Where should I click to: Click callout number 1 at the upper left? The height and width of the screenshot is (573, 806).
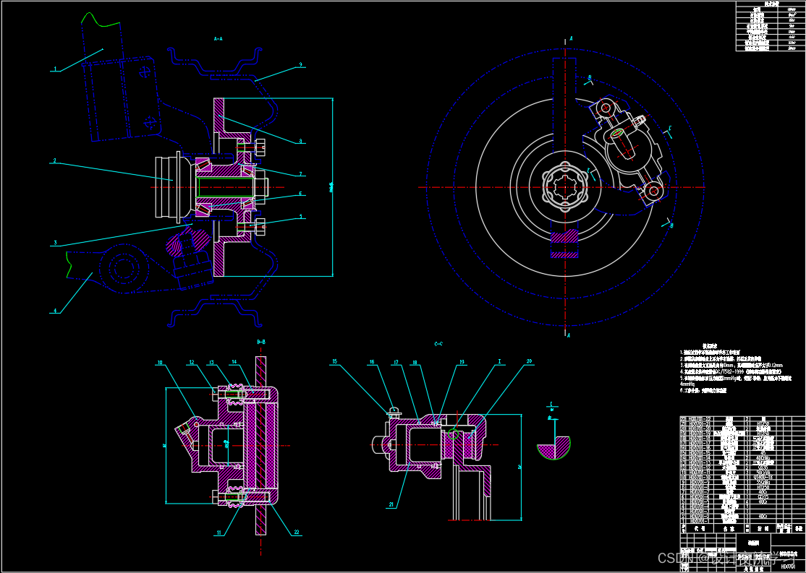[x=54, y=70]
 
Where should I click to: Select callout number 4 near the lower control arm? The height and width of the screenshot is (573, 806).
[x=54, y=311]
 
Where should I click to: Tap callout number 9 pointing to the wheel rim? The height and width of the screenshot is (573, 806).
[x=300, y=65]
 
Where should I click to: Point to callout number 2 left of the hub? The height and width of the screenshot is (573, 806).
[x=54, y=161]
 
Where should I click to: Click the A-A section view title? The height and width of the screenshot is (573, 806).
[x=219, y=38]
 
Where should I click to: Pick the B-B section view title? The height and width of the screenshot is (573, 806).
[x=261, y=341]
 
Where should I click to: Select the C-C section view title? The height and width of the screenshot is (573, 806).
[x=438, y=344]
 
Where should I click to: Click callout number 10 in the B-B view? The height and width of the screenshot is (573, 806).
[x=161, y=362]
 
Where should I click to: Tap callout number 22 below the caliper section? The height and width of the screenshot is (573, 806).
[x=297, y=533]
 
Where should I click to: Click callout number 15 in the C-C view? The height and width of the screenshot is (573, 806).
[x=334, y=361]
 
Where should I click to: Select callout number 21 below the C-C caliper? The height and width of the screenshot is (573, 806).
[x=391, y=505]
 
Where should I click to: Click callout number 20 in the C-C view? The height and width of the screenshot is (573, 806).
[x=529, y=361]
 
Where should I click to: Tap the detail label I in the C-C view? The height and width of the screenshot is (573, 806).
[x=500, y=361]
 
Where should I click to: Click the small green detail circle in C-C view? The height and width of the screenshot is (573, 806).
[x=454, y=434]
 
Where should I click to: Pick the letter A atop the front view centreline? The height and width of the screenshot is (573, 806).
[x=571, y=38]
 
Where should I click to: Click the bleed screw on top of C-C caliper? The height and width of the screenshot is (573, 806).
[x=394, y=413]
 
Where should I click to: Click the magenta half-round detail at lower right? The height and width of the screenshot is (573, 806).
[x=553, y=447]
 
